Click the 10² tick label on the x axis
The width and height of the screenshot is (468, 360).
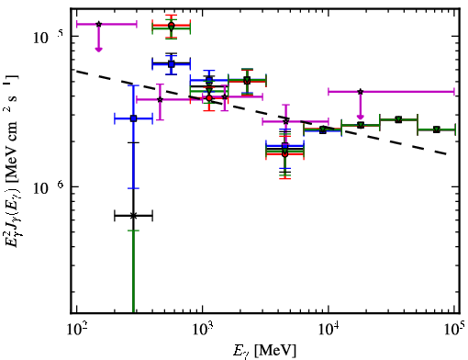[x=77, y=330]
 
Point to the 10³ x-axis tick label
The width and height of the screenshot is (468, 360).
[x=203, y=330]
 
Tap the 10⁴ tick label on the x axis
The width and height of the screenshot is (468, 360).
[x=329, y=330]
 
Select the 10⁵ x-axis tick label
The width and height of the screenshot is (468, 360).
[x=454, y=330]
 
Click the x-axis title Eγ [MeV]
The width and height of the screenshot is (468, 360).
[x=264, y=351]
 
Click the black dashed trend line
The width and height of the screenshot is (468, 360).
[x=262, y=113]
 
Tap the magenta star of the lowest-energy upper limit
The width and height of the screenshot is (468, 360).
[x=98, y=24]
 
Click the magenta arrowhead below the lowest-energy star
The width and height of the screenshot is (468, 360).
[x=98, y=50]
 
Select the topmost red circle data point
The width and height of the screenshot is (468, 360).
[x=172, y=25]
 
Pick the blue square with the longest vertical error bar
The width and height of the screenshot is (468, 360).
[x=133, y=118]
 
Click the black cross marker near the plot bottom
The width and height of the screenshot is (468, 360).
[x=133, y=216]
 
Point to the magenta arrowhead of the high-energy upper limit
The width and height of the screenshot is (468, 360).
[x=361, y=117]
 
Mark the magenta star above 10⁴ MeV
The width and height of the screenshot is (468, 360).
[x=361, y=92]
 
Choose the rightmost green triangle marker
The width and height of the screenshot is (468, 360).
[x=437, y=129]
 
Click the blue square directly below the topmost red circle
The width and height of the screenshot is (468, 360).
[x=172, y=64]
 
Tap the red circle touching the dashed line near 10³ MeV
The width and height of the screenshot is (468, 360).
[x=209, y=98]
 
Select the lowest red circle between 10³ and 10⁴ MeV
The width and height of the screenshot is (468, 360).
[x=285, y=154]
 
